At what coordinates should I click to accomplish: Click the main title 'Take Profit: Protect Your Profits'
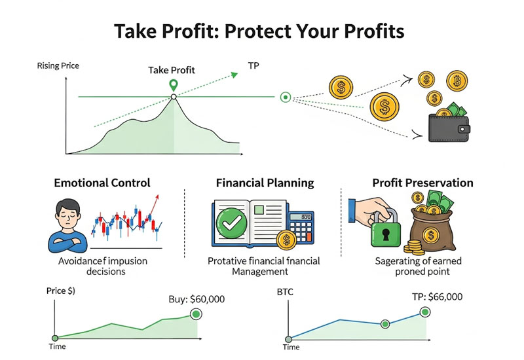(262, 31)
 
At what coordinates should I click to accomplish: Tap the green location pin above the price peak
(173, 84)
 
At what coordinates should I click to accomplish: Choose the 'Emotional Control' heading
(102, 183)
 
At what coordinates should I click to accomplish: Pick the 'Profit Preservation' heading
(422, 183)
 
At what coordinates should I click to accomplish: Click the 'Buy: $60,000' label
(196, 299)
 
